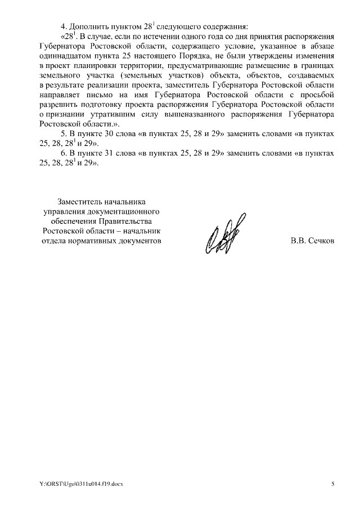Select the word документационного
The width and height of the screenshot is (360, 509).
coord(123,211)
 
